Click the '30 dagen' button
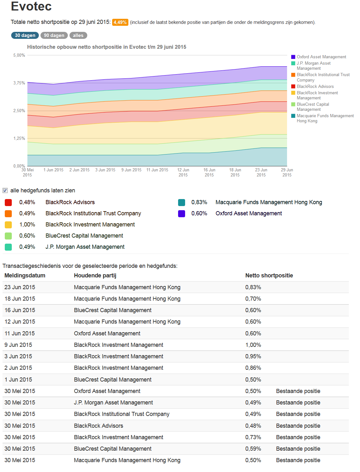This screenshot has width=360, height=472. pos(25,35)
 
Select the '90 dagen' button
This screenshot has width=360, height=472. pos(54,35)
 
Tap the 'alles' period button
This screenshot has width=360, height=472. pos(78,35)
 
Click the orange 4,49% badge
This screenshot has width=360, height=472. pos(120,22)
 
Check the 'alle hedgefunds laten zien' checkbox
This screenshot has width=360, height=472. pos(5,190)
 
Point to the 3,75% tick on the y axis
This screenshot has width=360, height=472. pos(19,83)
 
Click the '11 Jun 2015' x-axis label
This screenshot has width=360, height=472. pos(157,170)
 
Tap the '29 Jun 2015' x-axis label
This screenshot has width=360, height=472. pos(287,172)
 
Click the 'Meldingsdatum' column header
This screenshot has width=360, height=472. pos(25,275)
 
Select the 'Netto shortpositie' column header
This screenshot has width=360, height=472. pos(269,275)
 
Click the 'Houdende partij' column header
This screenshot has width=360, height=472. pos(95,275)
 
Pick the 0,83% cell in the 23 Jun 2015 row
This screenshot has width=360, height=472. pos(253,287)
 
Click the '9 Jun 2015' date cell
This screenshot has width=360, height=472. pos(18,345)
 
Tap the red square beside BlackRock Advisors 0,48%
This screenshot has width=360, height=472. pos(8,202)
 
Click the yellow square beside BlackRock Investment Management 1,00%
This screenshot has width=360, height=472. pos(8,225)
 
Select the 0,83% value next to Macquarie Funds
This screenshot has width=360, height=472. pos(199,202)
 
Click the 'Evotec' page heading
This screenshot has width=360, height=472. pos(31,6)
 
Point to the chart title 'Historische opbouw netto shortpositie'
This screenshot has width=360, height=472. pos(106,47)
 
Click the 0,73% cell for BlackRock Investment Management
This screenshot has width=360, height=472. pos(253,437)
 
